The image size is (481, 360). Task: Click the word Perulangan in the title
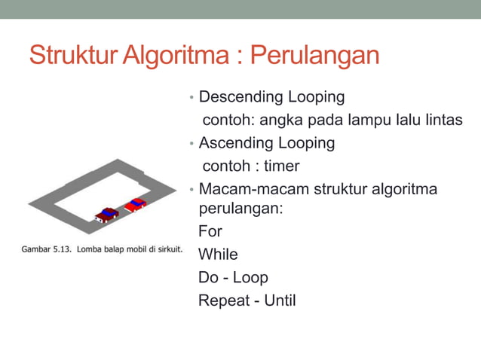[x=314, y=56]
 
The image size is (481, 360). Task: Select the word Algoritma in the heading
[x=180, y=56]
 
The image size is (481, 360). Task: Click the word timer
[x=281, y=166]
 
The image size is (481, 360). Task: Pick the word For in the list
[x=210, y=231]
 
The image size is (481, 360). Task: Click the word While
[x=217, y=255]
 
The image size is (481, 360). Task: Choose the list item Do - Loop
[x=233, y=277]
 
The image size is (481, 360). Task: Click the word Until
[x=280, y=301]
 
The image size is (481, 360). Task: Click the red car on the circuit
[x=136, y=204]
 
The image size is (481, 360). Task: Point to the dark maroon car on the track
[x=107, y=215]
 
